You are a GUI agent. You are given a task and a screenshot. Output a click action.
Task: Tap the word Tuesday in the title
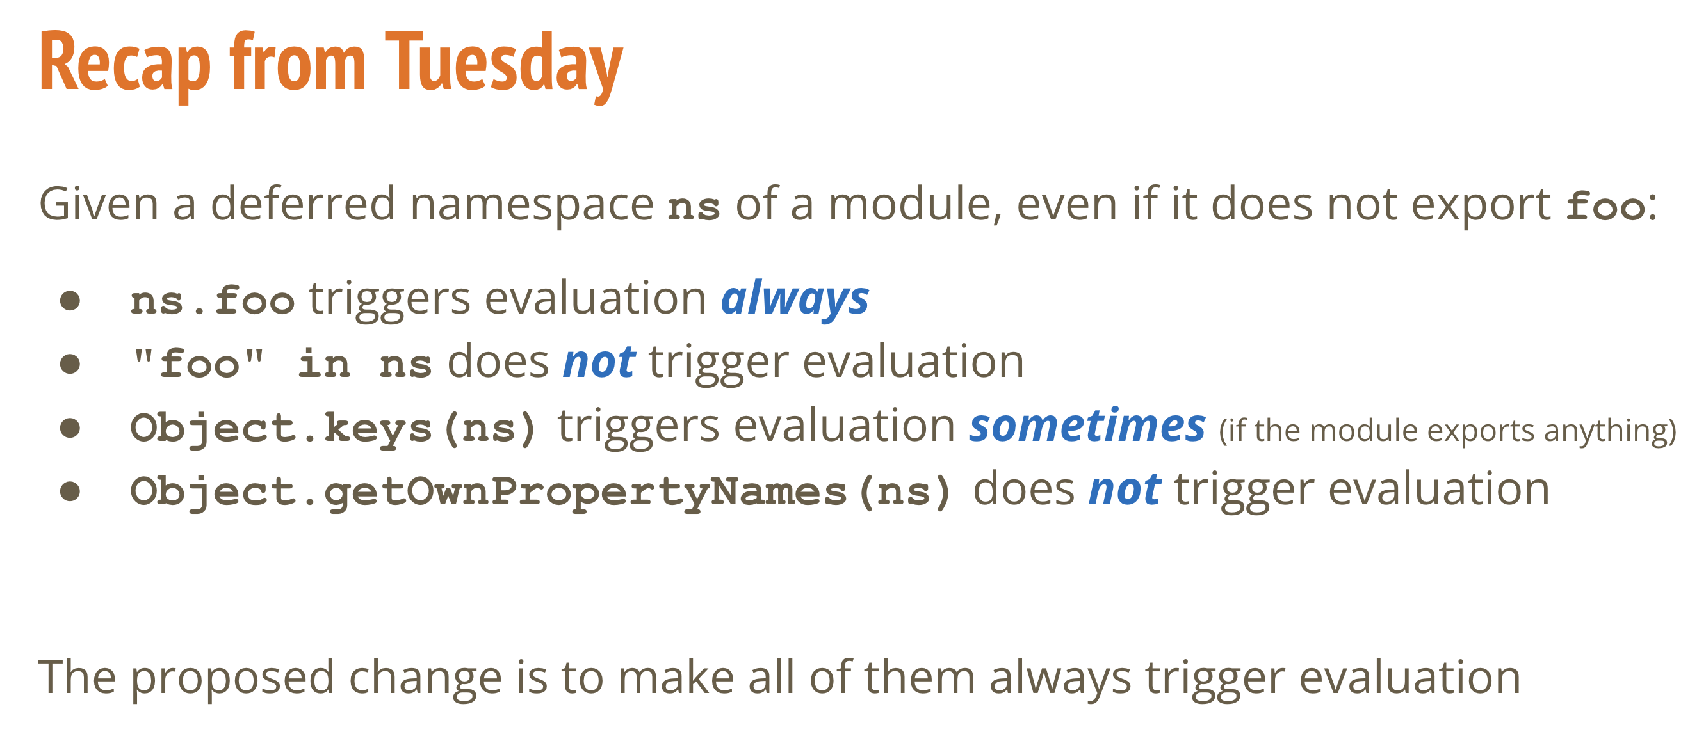(x=504, y=65)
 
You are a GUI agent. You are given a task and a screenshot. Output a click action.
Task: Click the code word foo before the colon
(x=1605, y=206)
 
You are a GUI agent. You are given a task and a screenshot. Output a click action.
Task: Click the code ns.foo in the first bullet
(x=212, y=301)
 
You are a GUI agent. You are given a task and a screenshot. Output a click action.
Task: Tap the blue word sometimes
(x=1087, y=425)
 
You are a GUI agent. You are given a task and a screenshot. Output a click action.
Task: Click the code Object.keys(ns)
(x=332, y=427)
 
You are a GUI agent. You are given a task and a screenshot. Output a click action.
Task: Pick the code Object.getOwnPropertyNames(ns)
(x=540, y=492)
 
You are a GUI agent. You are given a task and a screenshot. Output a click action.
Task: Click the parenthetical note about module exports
(x=1448, y=431)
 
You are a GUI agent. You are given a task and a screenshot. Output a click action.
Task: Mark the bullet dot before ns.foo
(x=70, y=301)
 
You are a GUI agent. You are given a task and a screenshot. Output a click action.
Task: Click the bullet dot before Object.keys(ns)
(x=70, y=427)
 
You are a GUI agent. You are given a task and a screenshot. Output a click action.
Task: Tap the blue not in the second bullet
(x=599, y=362)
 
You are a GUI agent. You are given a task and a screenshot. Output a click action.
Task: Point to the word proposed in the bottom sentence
(x=232, y=678)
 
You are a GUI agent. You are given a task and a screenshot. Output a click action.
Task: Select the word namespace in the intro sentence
(x=532, y=205)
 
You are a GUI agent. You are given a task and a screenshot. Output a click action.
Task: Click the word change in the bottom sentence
(x=425, y=678)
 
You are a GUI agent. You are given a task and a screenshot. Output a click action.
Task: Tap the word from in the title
(x=297, y=63)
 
